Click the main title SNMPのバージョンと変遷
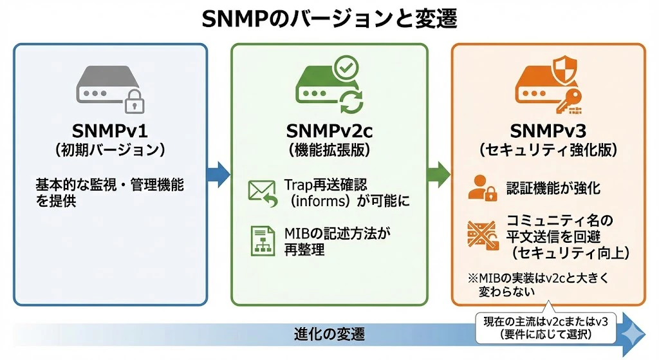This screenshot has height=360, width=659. pos(329,19)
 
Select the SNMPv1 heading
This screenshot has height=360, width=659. pos(110,131)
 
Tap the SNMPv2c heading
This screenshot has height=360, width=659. pos(329,131)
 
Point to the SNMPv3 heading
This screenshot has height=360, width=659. pos(548,131)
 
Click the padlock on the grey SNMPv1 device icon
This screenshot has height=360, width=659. pos(135,101)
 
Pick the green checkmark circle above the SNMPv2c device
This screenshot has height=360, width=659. pos(346,68)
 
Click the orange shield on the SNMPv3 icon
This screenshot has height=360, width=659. pos(564,70)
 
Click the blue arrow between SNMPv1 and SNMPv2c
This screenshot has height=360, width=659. pos(219,174)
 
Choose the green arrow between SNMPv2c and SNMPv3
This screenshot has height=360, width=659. pos(439,174)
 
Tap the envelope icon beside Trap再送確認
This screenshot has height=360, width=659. pos(263,193)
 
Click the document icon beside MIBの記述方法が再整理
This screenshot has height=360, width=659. pos(263,241)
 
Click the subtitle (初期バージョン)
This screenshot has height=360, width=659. pos(110,150)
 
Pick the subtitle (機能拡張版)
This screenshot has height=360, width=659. pos(329,150)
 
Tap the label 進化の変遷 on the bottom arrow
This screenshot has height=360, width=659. pos(329,334)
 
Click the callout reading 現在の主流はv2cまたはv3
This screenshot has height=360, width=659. pos(546,328)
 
